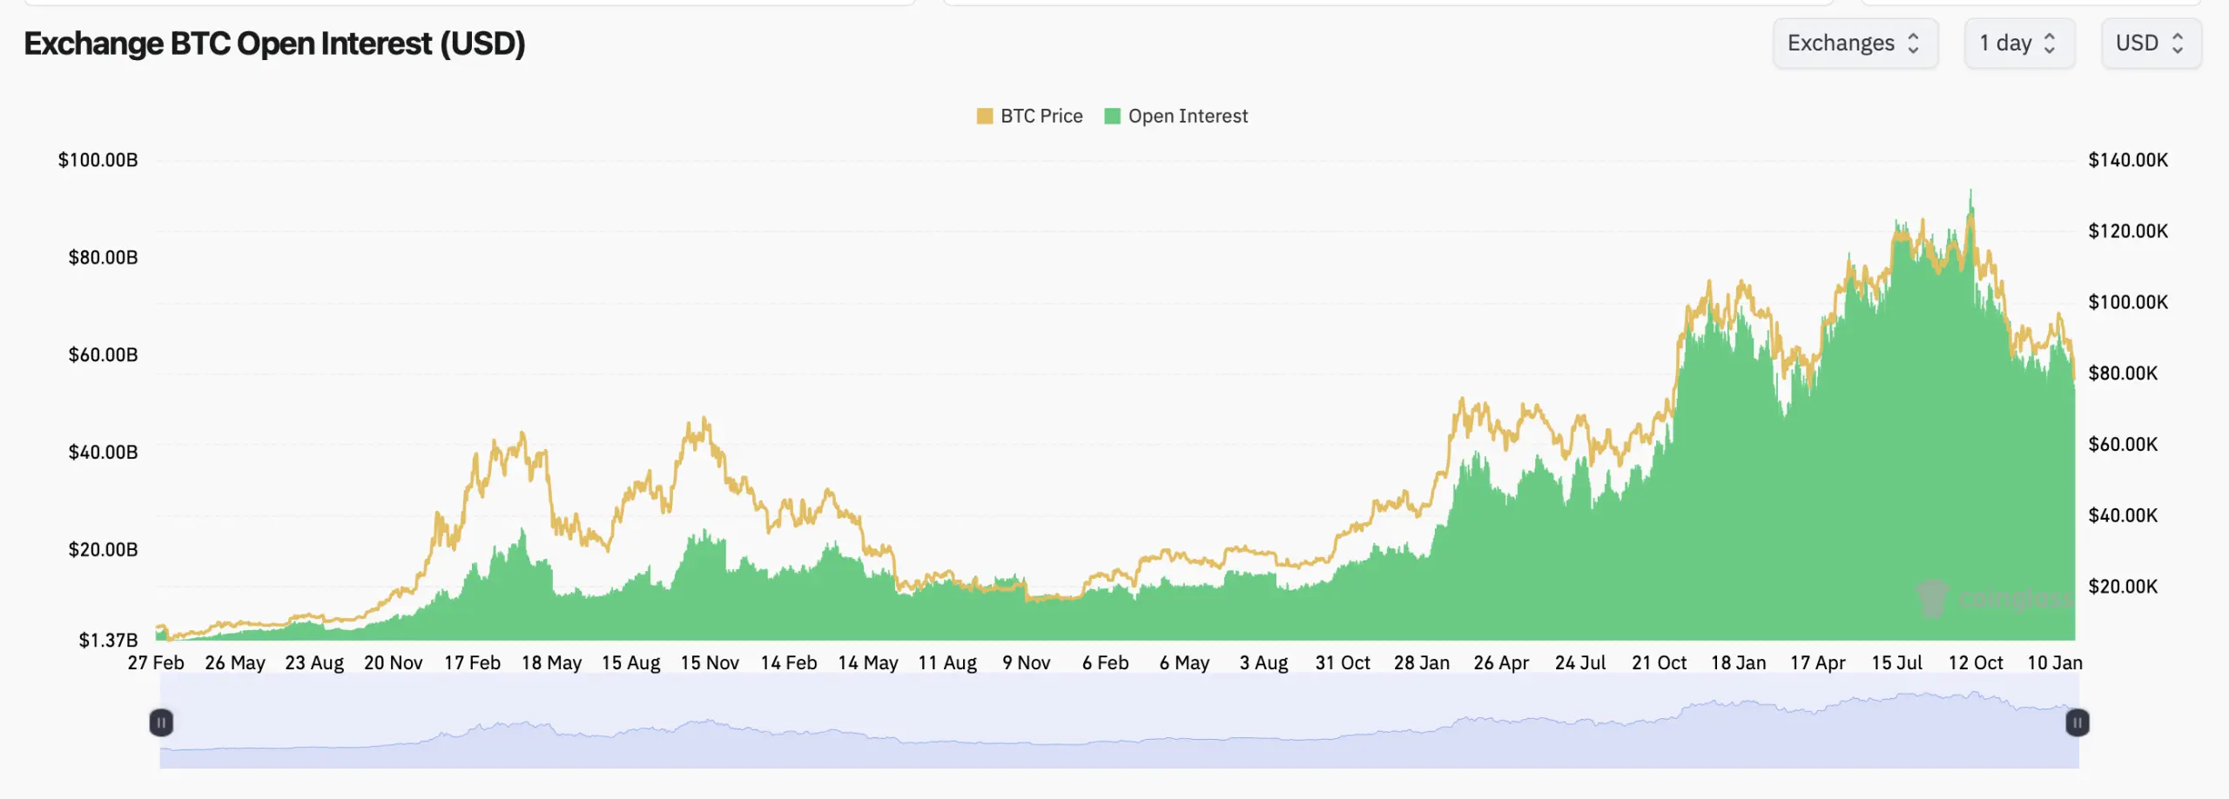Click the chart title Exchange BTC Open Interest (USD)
274,44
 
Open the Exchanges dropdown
1855,44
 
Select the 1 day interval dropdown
2018,44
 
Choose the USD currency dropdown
2150,44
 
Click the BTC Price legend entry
1030,116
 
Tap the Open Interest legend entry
1176,116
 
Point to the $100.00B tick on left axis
98,160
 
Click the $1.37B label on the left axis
108,641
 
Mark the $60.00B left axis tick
103,355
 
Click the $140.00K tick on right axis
2128,160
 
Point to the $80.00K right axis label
2123,373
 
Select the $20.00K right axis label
2123,587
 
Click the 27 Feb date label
156,663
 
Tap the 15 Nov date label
710,663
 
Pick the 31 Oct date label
1343,663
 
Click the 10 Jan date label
2055,663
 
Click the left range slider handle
161,722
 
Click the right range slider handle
2077,722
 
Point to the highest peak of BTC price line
1971,191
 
